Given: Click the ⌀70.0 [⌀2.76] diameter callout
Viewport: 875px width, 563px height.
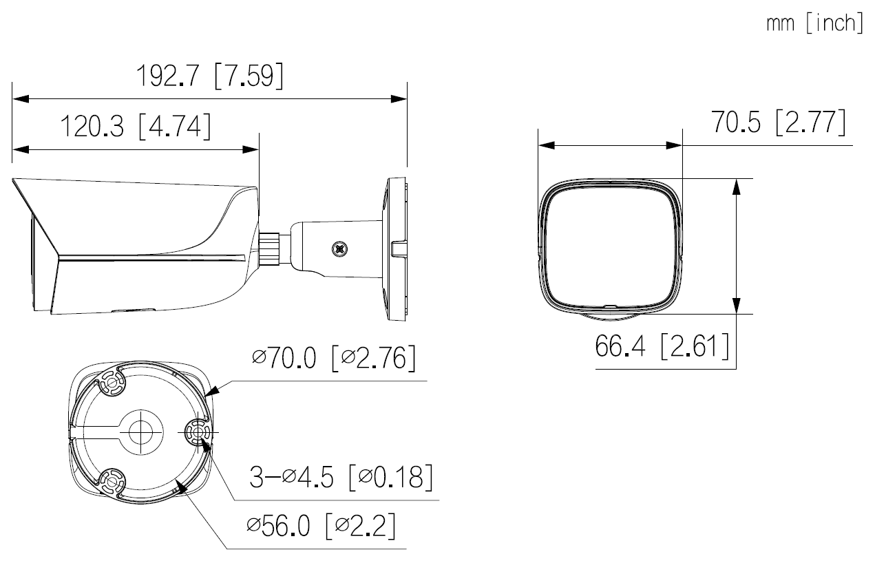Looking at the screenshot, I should (333, 359).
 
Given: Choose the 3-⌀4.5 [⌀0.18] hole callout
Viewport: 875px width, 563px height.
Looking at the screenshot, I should (341, 477).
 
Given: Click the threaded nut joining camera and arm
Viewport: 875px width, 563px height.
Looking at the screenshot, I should (270, 247).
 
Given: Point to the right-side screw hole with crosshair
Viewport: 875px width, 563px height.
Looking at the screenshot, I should (198, 432).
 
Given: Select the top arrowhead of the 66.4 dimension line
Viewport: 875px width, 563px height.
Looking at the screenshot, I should (737, 187).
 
